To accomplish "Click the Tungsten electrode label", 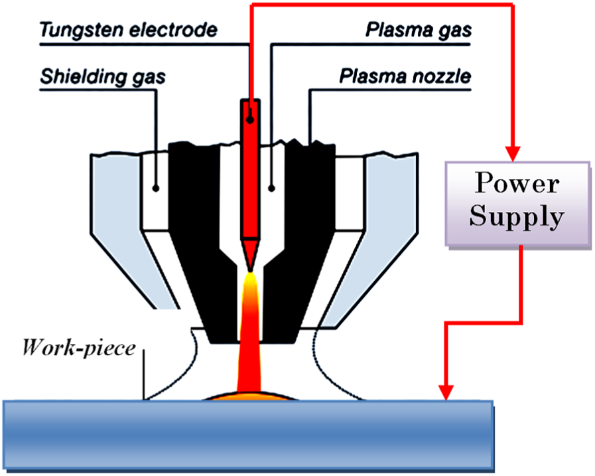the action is (x=129, y=30).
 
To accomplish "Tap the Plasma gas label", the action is (x=419, y=30).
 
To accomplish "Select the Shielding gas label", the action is (x=103, y=77).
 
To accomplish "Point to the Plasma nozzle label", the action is (x=405, y=76).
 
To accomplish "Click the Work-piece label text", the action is (x=79, y=348).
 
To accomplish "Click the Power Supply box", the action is (x=517, y=204).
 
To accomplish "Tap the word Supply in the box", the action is (x=517, y=216).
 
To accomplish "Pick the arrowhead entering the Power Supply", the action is (x=513, y=154).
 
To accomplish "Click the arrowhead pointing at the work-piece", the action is (x=446, y=393).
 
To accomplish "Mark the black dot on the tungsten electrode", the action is (x=250, y=119).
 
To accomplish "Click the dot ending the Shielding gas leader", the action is (x=156, y=188).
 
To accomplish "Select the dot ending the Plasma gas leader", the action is (x=271, y=188).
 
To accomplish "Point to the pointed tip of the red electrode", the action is (x=250, y=270).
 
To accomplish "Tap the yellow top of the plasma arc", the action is (x=250, y=283).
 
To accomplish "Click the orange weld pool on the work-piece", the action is (x=249, y=396).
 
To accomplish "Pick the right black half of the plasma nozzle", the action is (x=300, y=240).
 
